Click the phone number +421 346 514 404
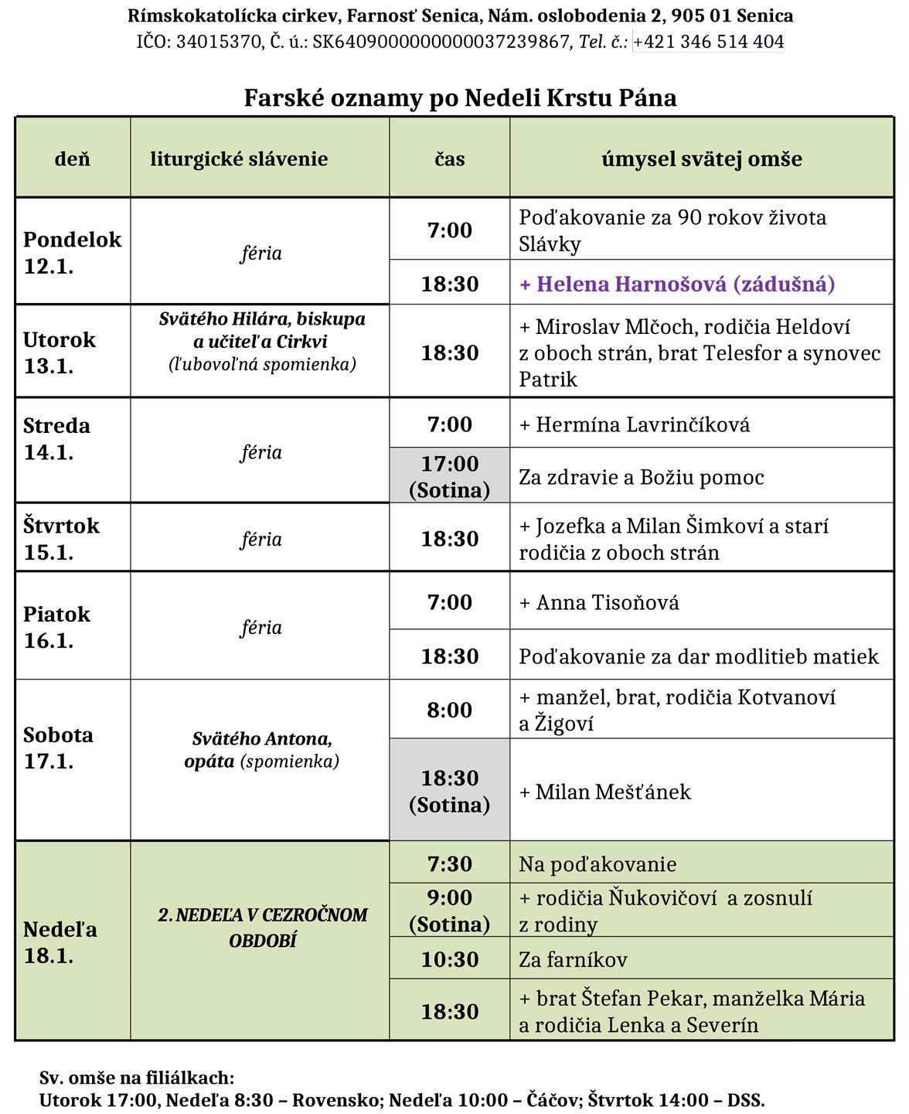tap(708, 42)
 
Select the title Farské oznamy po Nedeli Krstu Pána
tap(460, 98)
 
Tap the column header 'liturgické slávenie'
tap(239, 159)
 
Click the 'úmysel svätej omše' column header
tap(701, 159)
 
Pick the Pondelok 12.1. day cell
tap(72, 252)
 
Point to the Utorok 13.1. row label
tap(60, 352)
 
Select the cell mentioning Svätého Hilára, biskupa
tap(262, 341)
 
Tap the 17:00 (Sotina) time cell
tap(449, 476)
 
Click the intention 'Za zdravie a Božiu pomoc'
tap(641, 478)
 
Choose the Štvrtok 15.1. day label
tap(61, 538)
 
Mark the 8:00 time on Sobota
tap(449, 710)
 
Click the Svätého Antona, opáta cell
tap(261, 750)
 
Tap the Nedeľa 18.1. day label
tap(60, 942)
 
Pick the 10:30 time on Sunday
tap(449, 959)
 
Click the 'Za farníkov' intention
tap(573, 960)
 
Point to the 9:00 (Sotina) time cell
tap(449, 911)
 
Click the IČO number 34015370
tap(220, 42)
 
